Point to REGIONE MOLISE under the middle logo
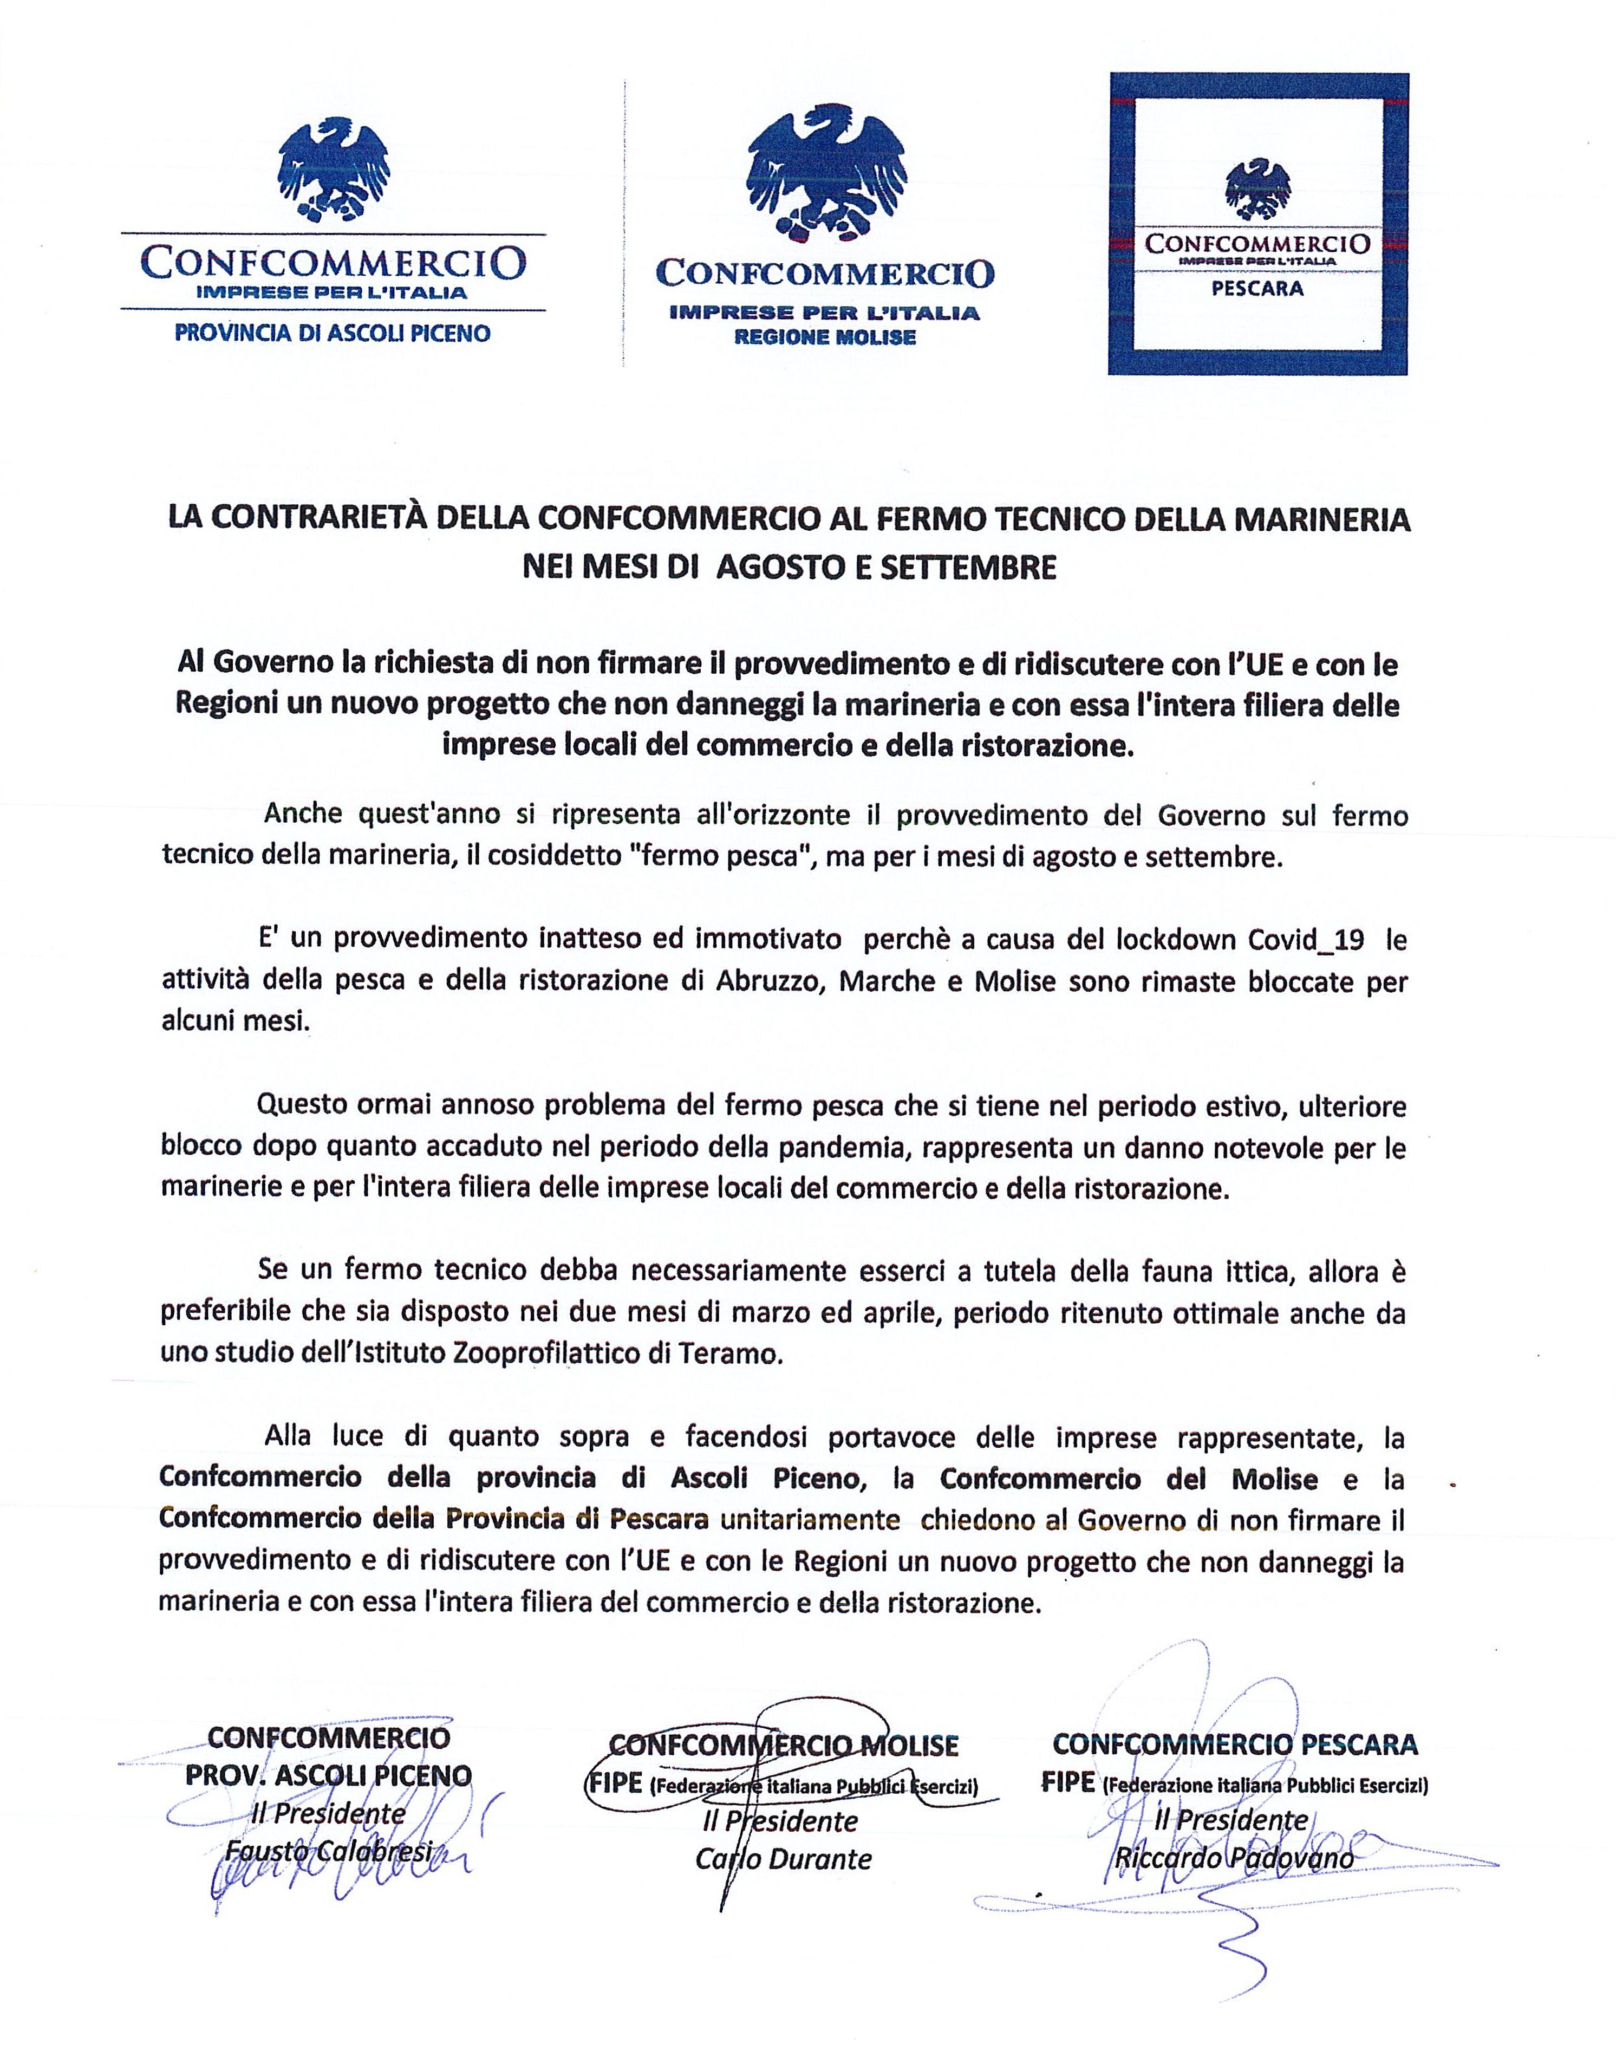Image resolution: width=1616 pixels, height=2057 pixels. click(x=825, y=338)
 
